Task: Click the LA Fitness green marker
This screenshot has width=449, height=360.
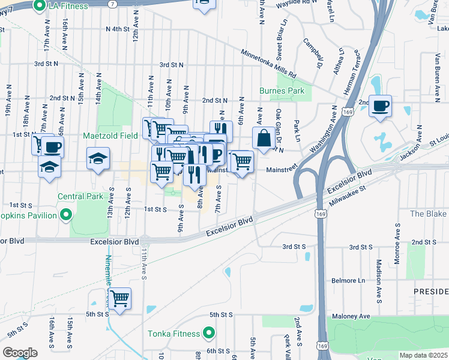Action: click(40, 6)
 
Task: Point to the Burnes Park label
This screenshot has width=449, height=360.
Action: click(282, 91)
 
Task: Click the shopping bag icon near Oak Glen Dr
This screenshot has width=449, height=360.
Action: click(263, 138)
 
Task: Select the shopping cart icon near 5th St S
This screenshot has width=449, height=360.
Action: click(120, 298)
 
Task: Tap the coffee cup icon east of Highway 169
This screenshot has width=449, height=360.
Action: click(380, 106)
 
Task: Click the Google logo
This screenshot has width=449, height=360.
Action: click(20, 353)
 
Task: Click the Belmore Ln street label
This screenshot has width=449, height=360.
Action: click(349, 281)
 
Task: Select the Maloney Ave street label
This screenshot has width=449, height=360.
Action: click(349, 316)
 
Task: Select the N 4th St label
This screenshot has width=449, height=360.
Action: click(117, 29)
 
